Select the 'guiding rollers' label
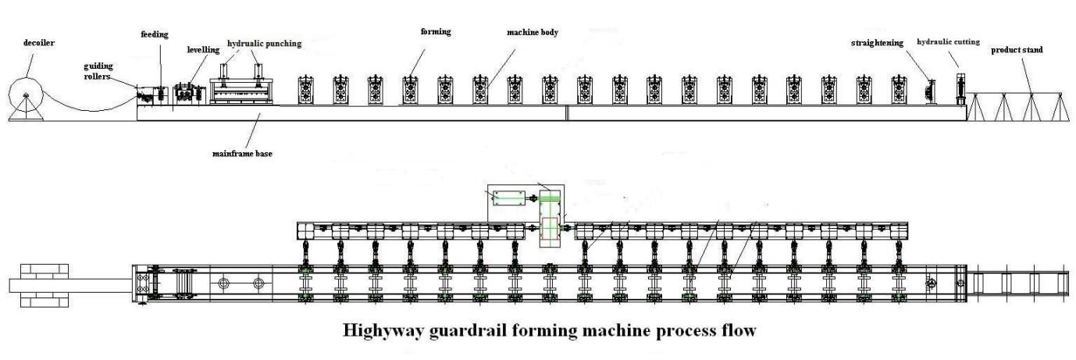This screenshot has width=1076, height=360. click(98, 72)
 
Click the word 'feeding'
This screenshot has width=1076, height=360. click(155, 34)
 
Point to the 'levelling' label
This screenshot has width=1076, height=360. click(203, 50)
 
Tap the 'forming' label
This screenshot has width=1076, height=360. click(436, 31)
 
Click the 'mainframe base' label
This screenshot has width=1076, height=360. click(243, 153)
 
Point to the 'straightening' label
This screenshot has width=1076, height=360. click(877, 43)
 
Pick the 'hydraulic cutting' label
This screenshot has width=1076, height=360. click(948, 41)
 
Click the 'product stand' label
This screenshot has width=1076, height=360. click(1017, 50)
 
